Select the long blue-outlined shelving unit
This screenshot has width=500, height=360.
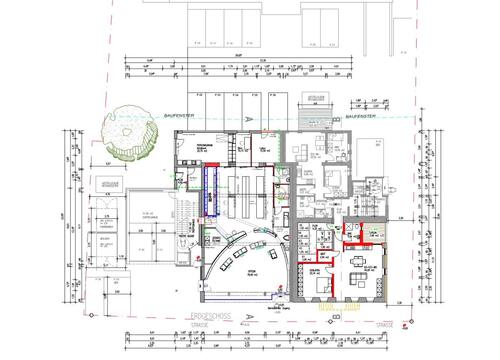click(211, 189)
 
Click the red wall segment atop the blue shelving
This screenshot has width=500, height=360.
click(212, 166)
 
